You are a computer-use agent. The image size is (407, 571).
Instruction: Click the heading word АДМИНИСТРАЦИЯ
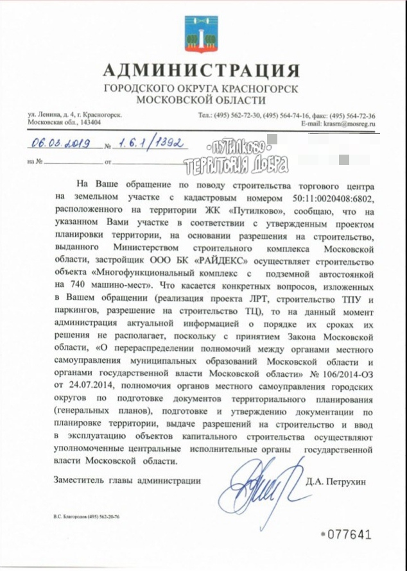(x=200, y=70)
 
